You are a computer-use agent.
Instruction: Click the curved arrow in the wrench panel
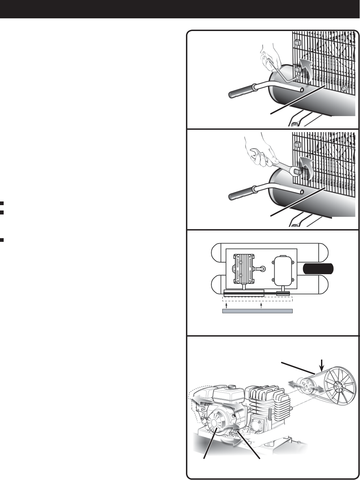pos(305,164)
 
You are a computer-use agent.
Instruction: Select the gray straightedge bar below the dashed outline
pos(257,311)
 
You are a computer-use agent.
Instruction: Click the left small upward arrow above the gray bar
pos(226,305)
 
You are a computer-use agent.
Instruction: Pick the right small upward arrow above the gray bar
pos(261,305)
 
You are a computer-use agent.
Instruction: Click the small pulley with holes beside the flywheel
pos(305,388)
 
